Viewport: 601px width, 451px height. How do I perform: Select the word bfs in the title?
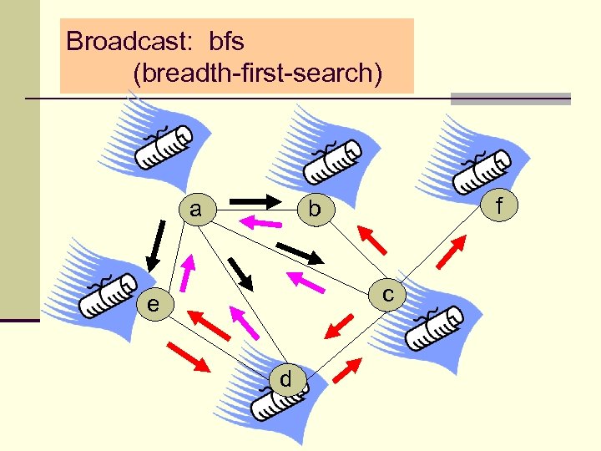220,41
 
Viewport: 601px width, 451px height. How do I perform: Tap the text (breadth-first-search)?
257,73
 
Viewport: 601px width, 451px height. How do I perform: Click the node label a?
194,209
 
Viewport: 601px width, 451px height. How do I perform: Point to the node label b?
313,210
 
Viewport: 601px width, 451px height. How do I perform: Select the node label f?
499,203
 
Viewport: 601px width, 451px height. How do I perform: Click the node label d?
285,379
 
